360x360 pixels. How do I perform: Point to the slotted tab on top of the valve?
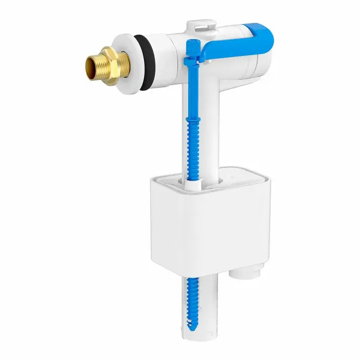(199, 26)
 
